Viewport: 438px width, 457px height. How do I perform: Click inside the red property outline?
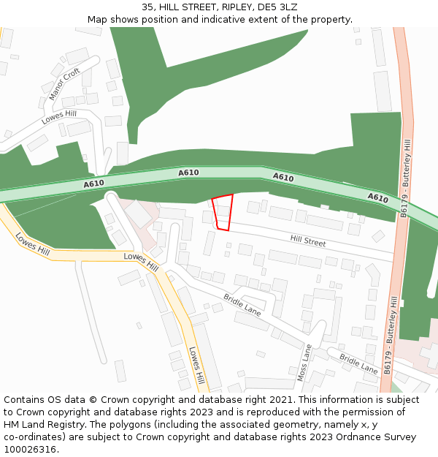(x=223, y=212)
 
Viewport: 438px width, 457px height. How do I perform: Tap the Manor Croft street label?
(x=64, y=84)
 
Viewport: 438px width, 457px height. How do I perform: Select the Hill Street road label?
(x=308, y=241)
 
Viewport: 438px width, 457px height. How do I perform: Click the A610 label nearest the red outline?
(x=188, y=173)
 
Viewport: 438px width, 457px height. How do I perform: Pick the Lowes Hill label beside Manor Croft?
(x=58, y=118)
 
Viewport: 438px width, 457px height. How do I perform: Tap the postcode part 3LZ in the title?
(x=287, y=7)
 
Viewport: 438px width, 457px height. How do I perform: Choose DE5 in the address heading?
(x=265, y=7)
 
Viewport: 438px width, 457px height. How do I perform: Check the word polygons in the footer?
(x=139, y=425)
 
